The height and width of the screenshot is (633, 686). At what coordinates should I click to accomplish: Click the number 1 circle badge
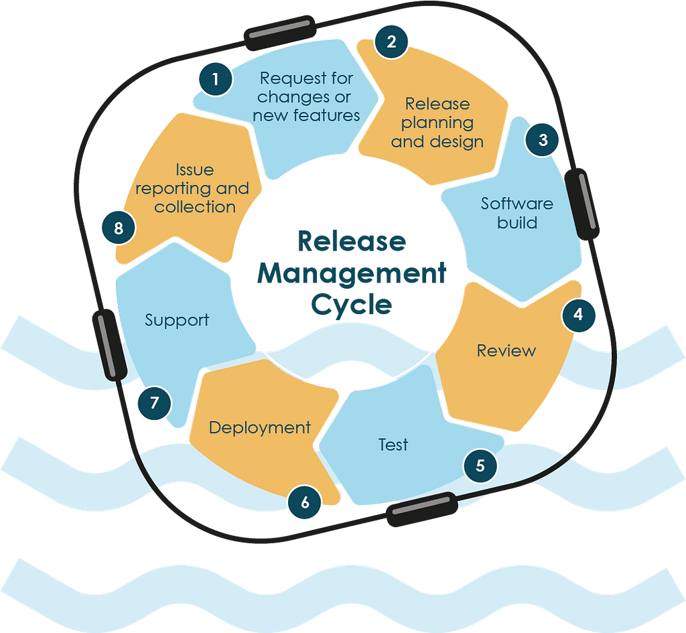215,79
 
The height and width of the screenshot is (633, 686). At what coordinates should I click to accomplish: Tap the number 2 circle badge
391,42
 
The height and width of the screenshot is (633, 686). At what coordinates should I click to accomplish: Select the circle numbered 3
543,140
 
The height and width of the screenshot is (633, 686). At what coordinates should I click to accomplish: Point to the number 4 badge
578,315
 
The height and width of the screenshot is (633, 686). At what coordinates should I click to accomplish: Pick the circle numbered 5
480,466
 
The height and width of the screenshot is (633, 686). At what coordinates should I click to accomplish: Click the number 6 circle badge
305,502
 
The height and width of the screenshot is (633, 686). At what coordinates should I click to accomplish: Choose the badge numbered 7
155,403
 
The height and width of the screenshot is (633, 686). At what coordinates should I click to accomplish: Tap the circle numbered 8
119,228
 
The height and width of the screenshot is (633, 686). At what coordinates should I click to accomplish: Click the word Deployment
260,428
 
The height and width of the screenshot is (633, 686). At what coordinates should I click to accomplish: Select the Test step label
393,445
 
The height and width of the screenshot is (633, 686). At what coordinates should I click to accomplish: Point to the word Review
506,350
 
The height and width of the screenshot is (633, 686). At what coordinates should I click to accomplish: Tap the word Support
177,320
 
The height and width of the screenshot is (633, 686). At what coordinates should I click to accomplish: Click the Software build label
517,213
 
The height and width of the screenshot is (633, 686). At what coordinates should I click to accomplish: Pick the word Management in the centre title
352,274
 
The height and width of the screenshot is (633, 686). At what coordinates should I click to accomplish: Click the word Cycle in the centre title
352,305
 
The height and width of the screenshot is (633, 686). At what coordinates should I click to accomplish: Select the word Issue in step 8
195,169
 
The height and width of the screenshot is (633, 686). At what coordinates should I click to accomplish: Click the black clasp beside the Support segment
110,345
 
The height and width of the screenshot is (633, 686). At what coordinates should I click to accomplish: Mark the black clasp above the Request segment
280,33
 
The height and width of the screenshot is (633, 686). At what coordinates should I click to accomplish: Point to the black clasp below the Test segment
422,509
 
